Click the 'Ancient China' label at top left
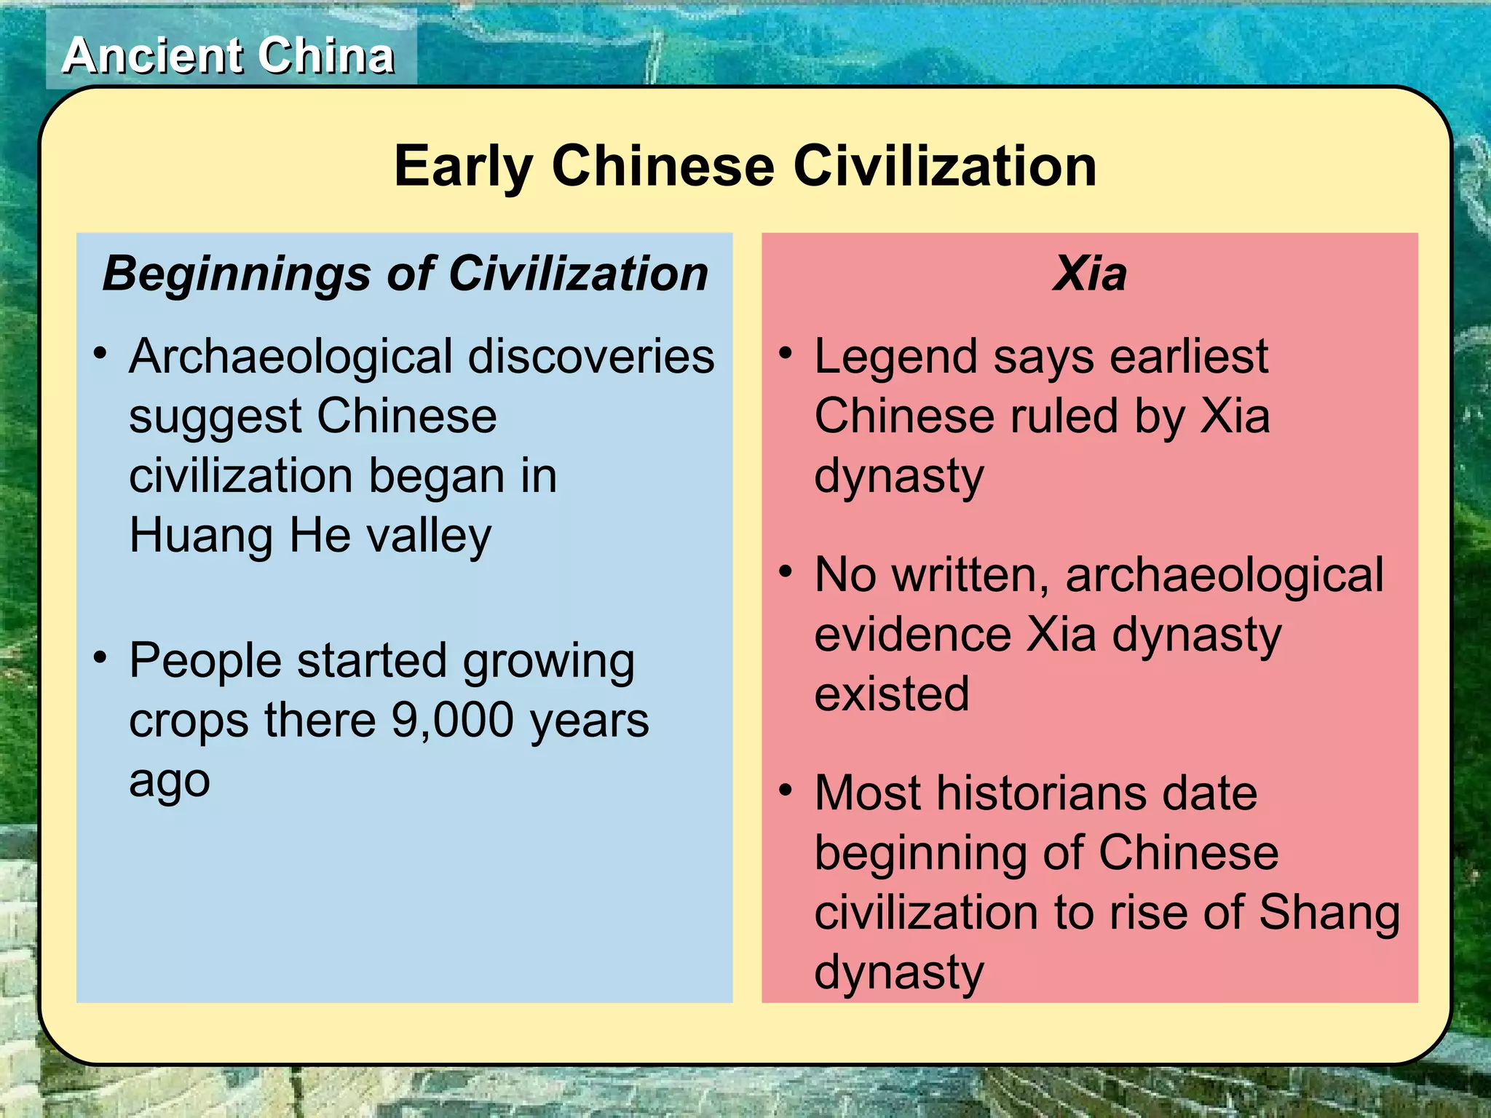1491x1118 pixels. (x=229, y=56)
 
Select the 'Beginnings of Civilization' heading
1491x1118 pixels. (x=405, y=274)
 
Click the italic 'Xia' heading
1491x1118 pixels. (x=1089, y=274)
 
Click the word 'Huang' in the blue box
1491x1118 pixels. (x=202, y=536)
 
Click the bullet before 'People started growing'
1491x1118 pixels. (x=100, y=657)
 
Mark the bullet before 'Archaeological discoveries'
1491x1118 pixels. (x=100, y=354)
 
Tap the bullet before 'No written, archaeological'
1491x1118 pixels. (x=785, y=572)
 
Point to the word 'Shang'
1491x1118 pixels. (x=1329, y=912)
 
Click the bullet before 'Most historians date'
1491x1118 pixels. (x=785, y=790)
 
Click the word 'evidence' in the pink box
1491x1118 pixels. (x=913, y=634)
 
